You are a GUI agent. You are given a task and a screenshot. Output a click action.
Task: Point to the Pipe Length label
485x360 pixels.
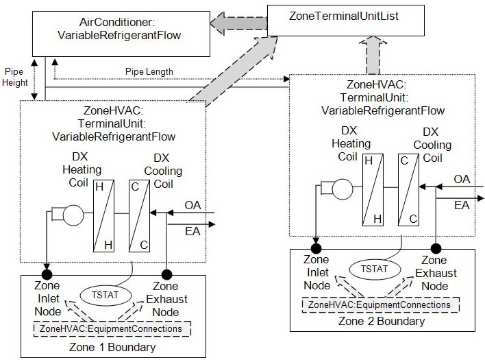pyautogui.click(x=149, y=71)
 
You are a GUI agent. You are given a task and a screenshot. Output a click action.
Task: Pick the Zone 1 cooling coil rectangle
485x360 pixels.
pyautogui.click(x=139, y=216)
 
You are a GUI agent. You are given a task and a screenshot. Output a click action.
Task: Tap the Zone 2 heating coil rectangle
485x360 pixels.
pyautogui.click(x=373, y=189)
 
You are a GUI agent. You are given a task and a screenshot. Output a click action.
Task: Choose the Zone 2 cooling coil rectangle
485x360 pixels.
pyautogui.click(x=409, y=189)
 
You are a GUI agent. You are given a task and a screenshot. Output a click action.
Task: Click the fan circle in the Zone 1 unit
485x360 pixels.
pyautogui.click(x=72, y=215)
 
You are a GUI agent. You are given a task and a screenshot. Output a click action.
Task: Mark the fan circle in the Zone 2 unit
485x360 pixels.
pyautogui.click(x=341, y=187)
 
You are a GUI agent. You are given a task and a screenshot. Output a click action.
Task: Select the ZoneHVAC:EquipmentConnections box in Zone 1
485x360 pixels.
pyautogui.click(x=110, y=329)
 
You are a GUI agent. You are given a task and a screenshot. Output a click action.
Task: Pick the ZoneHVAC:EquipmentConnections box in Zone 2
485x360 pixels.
pyautogui.click(x=379, y=304)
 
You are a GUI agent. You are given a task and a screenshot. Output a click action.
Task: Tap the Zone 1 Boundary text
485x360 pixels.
pyautogui.click(x=112, y=347)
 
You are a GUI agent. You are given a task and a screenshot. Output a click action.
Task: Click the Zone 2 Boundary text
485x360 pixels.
pyautogui.click(x=382, y=321)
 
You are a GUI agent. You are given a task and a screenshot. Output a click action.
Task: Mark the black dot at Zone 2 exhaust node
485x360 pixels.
pyautogui.click(x=434, y=248)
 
